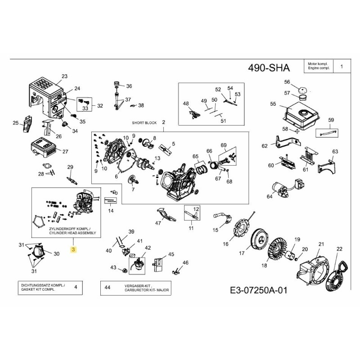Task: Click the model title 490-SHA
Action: pyautogui.click(x=269, y=68)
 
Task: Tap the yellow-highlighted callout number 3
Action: pyautogui.click(x=74, y=249)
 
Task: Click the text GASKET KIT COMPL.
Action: pyautogui.click(x=38, y=290)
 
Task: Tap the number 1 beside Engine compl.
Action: pyautogui.click(x=342, y=67)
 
